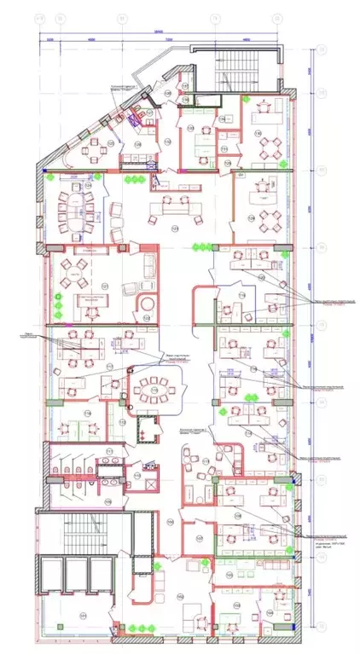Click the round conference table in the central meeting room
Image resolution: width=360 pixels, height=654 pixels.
(x=154, y=391)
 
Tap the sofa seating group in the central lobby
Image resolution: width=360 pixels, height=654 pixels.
(x=171, y=205)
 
